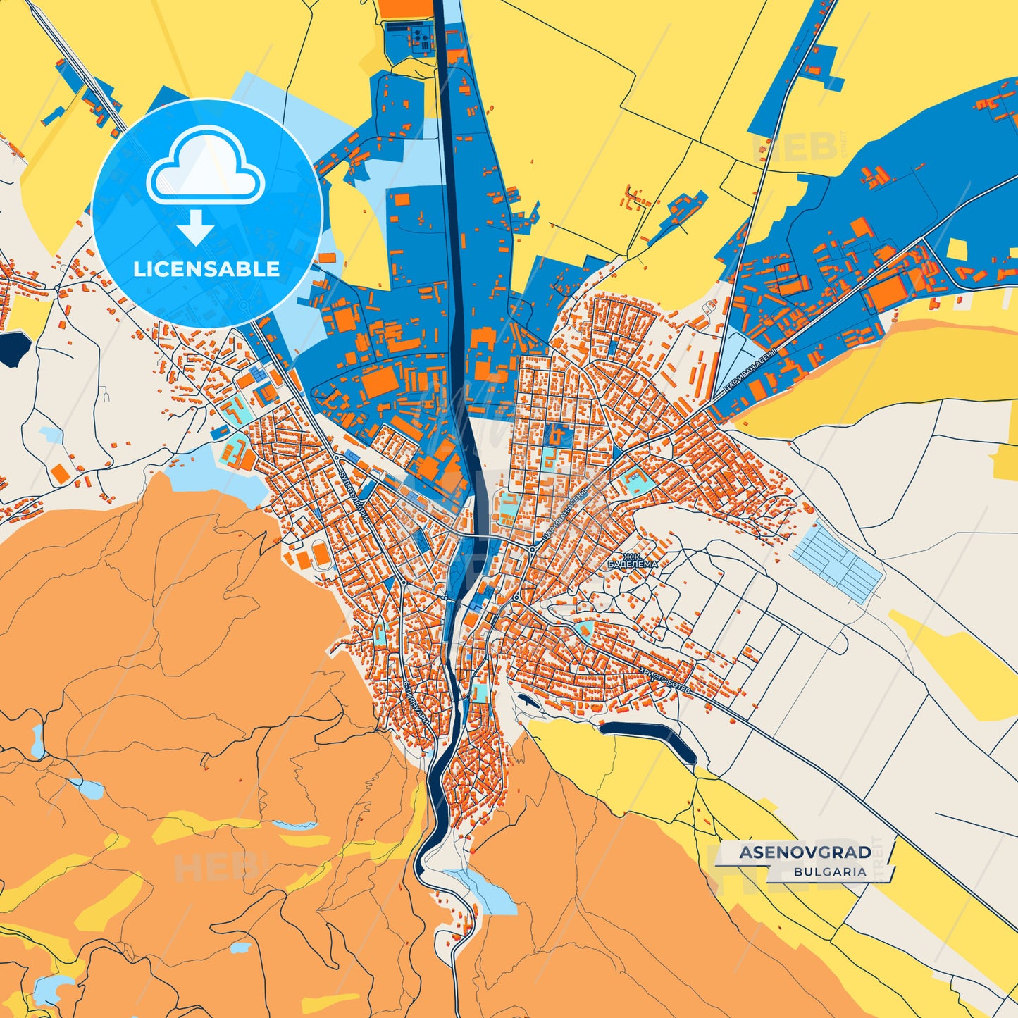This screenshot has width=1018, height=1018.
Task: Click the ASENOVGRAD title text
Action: click(x=805, y=852)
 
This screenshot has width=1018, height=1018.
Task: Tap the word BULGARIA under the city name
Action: click(x=830, y=871)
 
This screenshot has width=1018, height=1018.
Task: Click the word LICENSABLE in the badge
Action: click(x=206, y=269)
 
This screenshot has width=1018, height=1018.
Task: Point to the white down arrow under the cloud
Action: click(x=196, y=227)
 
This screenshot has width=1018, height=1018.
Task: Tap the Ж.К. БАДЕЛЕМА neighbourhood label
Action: click(x=633, y=560)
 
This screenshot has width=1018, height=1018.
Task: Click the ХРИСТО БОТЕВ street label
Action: click(x=664, y=681)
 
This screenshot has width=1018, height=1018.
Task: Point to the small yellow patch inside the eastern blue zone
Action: click(x=958, y=250)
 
